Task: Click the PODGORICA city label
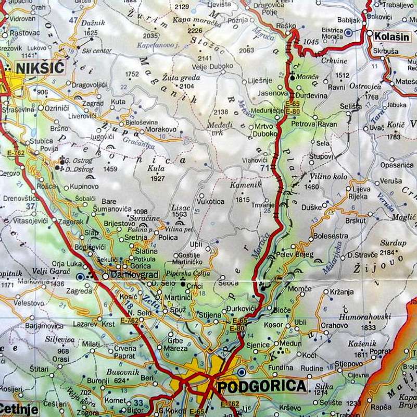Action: (261, 387)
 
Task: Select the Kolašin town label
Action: (391, 36)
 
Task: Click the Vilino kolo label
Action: (328, 177)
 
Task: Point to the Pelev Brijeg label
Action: (296, 255)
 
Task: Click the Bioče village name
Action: (282, 309)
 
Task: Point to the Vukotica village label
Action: (211, 202)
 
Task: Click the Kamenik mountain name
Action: (243, 185)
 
